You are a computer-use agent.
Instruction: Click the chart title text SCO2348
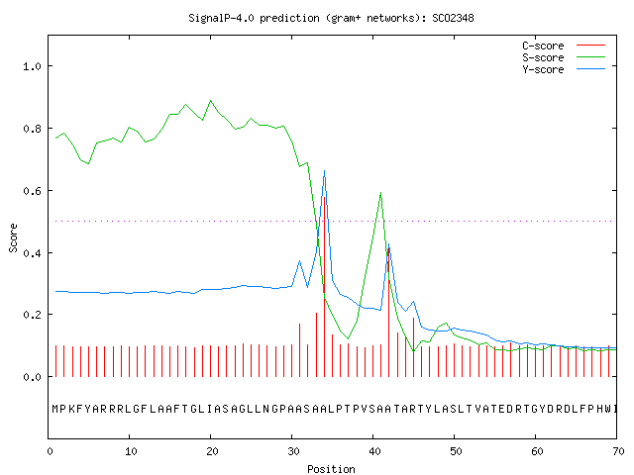[453, 18]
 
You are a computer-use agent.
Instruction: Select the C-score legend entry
[564, 46]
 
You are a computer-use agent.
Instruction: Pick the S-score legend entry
[564, 57]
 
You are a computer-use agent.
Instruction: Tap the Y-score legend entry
[564, 69]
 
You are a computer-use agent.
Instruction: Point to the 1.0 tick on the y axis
[32, 66]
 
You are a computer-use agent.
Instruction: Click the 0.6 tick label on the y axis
[32, 191]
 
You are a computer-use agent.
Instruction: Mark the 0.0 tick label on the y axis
[32, 377]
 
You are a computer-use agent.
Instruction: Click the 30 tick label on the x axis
[293, 451]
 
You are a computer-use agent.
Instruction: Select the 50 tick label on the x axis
[456, 451]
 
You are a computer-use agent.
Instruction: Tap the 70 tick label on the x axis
[618, 451]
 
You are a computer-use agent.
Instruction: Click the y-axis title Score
[13, 237]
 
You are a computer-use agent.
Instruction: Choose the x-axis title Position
[331, 469]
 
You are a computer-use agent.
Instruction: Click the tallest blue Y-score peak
[324, 171]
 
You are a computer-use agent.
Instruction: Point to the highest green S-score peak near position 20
[210, 101]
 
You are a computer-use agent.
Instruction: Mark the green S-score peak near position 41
[380, 193]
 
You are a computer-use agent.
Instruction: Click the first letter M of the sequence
[55, 409]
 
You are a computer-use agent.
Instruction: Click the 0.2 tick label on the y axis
[32, 315]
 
